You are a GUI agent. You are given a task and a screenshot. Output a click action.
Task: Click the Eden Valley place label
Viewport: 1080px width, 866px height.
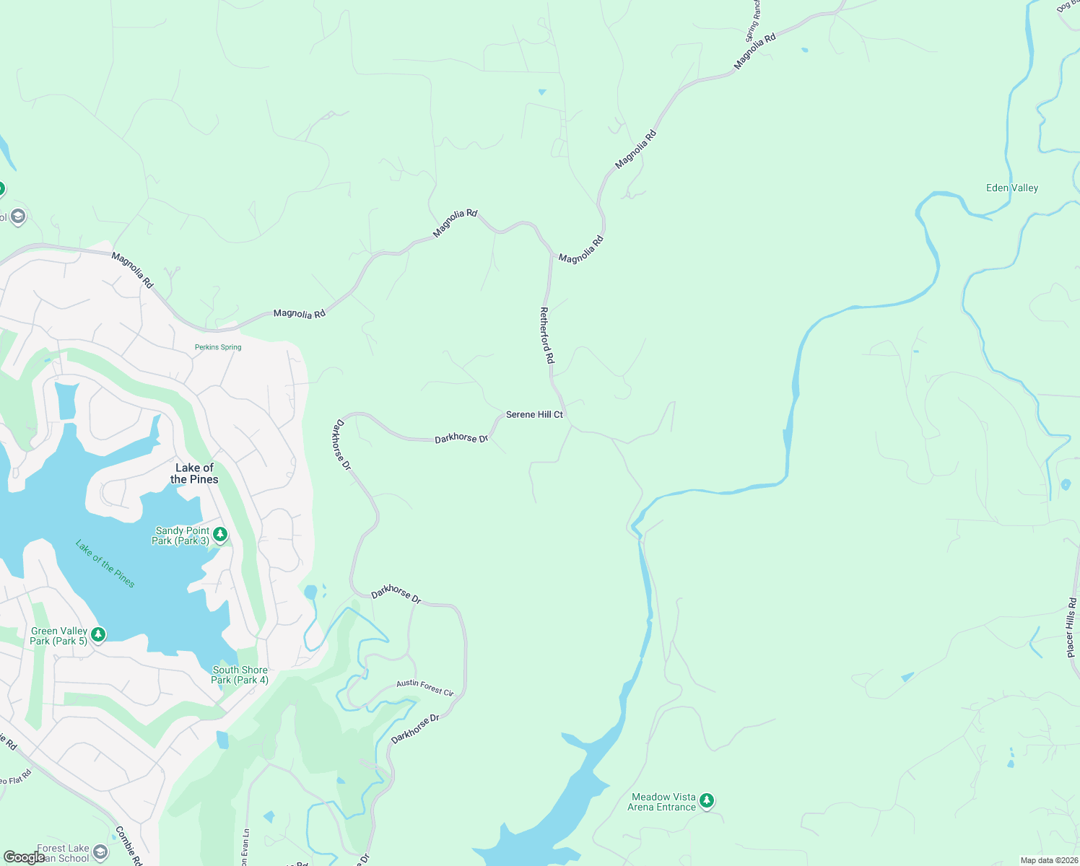tap(1012, 188)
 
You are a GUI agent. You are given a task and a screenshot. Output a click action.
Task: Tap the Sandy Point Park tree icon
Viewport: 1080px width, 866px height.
tap(221, 535)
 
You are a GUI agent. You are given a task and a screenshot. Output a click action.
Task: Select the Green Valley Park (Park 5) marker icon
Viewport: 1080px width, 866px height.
tap(99, 634)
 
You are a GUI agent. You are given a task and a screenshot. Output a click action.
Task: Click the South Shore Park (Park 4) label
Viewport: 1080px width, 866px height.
tap(240, 675)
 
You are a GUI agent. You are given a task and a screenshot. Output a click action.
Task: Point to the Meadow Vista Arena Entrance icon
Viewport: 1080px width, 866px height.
tap(707, 800)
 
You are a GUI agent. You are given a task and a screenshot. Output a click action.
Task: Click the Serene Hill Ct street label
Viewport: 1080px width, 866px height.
tap(534, 414)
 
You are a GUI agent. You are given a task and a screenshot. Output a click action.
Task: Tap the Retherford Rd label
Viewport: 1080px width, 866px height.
tap(547, 335)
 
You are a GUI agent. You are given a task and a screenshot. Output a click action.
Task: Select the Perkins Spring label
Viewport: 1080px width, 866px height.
tap(218, 347)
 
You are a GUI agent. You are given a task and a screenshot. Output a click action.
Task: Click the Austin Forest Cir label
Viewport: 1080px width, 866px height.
tap(425, 688)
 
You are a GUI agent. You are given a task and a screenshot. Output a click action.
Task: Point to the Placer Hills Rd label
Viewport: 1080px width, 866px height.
tap(1072, 627)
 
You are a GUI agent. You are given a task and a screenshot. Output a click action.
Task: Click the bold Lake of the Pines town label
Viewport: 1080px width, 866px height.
tap(194, 473)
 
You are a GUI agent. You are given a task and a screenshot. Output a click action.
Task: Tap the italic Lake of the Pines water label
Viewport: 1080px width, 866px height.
tap(105, 564)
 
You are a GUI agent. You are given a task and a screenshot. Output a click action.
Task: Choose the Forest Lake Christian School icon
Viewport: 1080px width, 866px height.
tap(100, 852)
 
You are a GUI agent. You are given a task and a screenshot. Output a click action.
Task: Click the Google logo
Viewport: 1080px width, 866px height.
tap(24, 857)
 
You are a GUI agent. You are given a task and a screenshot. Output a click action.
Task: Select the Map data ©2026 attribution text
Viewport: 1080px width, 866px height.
tap(1047, 860)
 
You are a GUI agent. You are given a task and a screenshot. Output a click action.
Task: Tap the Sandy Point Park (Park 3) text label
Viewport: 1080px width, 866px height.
tap(181, 535)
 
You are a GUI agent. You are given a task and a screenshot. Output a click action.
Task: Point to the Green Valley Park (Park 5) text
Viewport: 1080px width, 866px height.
tap(58, 636)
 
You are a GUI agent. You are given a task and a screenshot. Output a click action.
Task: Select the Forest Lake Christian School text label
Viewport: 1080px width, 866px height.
tap(63, 853)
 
